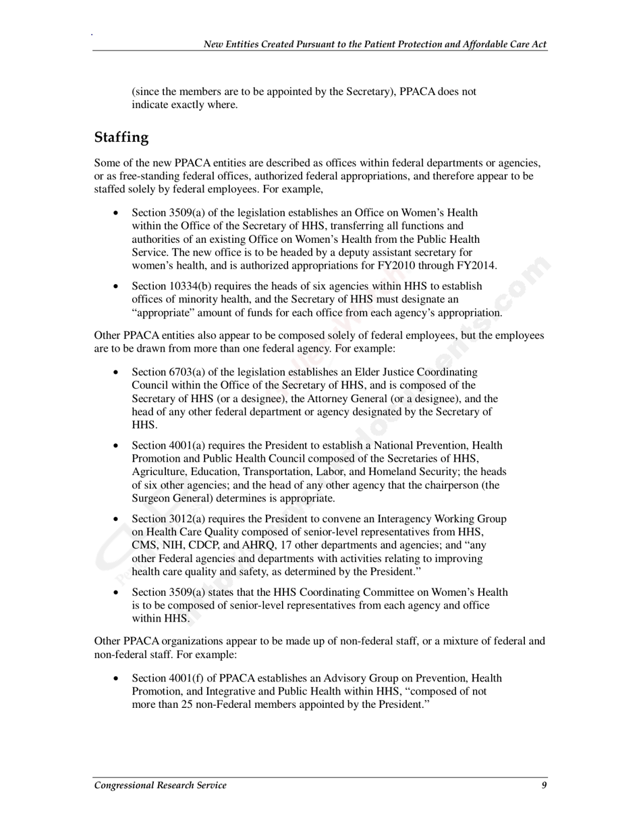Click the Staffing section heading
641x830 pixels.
pos(121,138)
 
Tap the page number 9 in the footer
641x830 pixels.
pos(544,785)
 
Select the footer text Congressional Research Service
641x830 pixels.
pos(161,785)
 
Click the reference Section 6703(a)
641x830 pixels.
pos(168,372)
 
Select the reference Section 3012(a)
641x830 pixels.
pos(168,519)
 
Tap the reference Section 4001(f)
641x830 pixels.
pos(167,677)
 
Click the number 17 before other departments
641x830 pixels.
pos(294,545)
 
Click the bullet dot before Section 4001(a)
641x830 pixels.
pos(117,446)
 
